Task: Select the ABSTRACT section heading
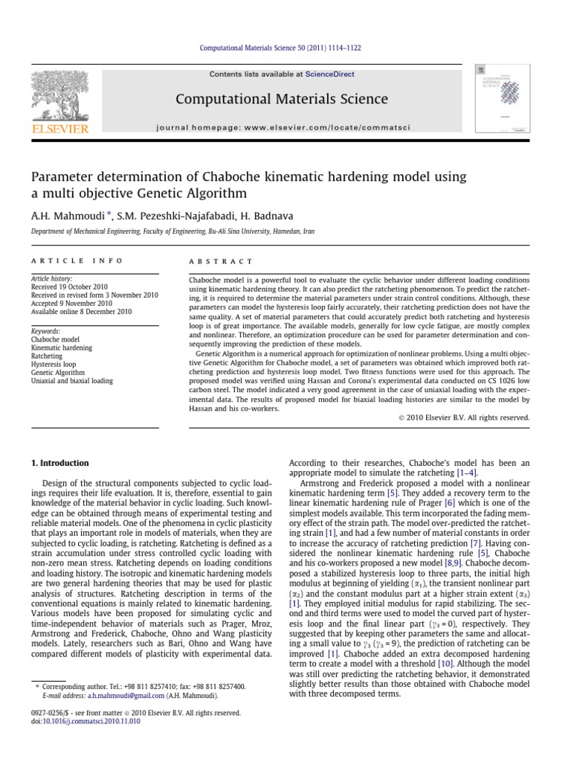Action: [x=211, y=261]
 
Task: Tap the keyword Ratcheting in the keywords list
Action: [x=47, y=356]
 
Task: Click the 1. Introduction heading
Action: [x=59, y=463]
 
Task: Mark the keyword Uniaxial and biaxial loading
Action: [x=71, y=381]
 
